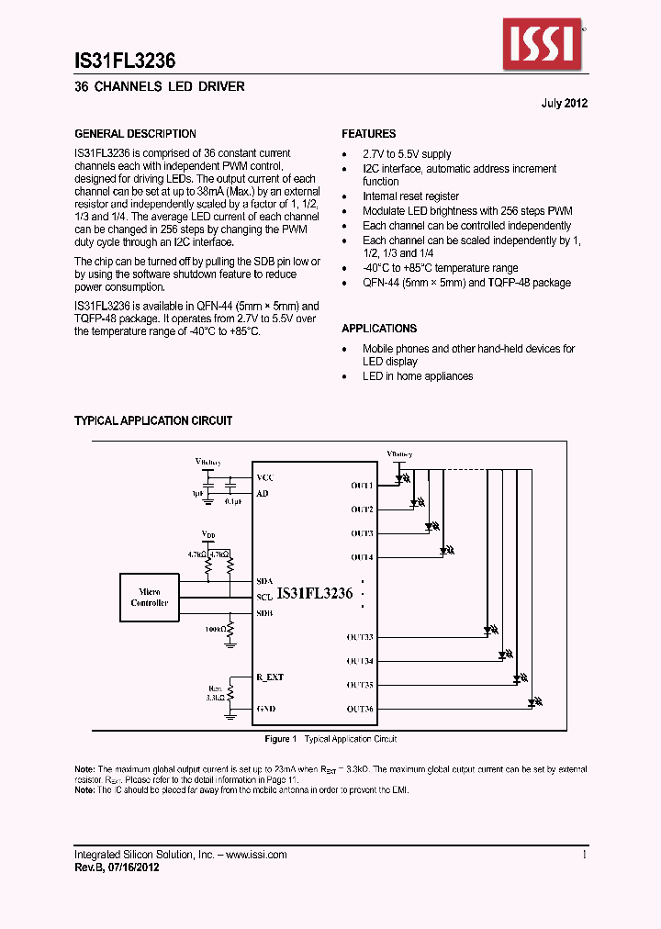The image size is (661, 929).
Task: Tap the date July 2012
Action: [563, 103]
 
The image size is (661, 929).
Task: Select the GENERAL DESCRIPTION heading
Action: [135, 134]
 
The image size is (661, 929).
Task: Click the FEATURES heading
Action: [369, 134]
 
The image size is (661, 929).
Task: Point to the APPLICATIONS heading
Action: [379, 329]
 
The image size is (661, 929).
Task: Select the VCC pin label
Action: [264, 478]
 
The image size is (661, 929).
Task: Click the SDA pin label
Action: [264, 581]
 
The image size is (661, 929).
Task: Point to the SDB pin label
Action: [264, 613]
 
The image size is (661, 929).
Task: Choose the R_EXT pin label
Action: [270, 677]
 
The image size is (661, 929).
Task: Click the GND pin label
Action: [265, 709]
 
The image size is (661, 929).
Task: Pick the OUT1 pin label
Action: [361, 485]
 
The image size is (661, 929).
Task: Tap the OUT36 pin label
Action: [360, 709]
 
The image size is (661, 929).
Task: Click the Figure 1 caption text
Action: [330, 739]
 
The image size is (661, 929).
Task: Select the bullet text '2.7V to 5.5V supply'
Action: [407, 154]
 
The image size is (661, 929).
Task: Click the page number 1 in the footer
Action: [585, 855]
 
